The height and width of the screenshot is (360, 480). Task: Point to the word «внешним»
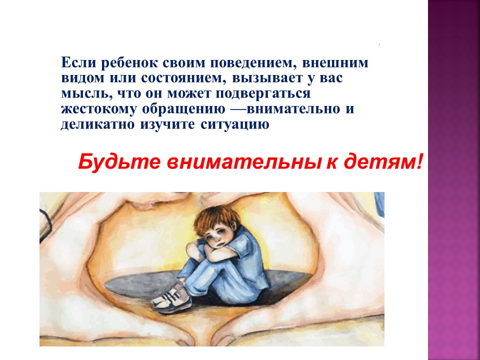click(x=335, y=63)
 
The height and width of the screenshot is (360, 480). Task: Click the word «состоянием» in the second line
click(x=184, y=78)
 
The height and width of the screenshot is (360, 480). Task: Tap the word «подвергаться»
click(x=263, y=94)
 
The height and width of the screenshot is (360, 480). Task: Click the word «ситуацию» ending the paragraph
click(x=235, y=125)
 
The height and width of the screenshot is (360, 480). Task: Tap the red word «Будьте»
click(x=119, y=161)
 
